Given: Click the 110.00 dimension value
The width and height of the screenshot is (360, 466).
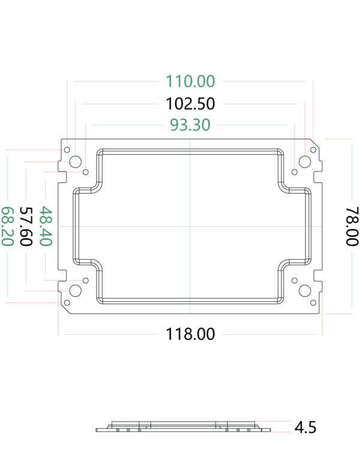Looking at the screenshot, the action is [190, 81].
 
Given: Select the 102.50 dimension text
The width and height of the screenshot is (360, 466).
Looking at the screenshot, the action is [190, 104].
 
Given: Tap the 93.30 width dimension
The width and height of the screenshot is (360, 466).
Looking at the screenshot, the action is [190, 125].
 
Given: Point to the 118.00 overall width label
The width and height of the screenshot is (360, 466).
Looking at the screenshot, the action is [190, 334].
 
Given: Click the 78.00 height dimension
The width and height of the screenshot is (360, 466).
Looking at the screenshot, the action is [352, 226].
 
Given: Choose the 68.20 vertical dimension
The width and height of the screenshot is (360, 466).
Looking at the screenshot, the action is [7, 226].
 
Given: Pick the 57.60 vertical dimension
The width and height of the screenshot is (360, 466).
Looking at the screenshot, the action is [26, 226].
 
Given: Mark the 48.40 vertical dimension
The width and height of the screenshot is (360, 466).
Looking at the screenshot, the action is [46, 226].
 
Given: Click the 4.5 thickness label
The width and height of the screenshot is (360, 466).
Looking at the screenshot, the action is [305, 428].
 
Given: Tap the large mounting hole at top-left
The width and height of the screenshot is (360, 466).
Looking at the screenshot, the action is [75, 162].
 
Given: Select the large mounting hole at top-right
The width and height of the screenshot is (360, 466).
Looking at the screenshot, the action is [305, 162].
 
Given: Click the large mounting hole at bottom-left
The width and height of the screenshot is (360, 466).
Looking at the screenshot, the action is [75, 291].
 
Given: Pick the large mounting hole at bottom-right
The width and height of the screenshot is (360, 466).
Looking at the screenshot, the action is [305, 291].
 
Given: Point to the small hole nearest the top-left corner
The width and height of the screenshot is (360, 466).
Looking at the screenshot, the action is [67, 150].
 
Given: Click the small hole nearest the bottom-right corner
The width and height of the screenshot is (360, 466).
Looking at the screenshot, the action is [313, 302].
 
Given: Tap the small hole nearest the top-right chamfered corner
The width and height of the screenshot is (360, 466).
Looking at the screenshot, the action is [313, 150].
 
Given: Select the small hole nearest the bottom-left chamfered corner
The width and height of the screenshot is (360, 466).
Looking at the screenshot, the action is [67, 302].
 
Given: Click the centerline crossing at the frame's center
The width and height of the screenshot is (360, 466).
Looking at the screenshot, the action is [190, 226].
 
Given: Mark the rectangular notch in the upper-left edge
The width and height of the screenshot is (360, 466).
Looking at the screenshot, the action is [62, 177].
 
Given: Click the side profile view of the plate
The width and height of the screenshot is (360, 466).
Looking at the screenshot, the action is [183, 426].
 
